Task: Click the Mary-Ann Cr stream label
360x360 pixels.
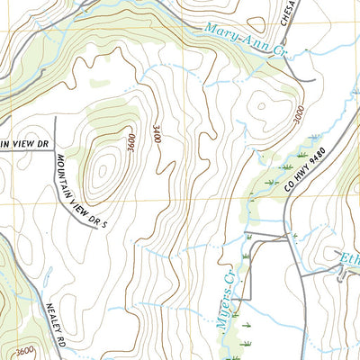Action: coord(244,40)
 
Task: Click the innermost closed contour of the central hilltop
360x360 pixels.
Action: coord(103,166)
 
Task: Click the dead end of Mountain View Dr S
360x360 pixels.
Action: coord(95,229)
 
